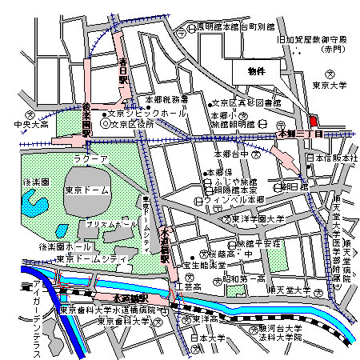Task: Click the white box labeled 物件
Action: click(x=257, y=72)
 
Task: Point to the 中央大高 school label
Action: click(x=31, y=125)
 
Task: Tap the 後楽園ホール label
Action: click(x=46, y=247)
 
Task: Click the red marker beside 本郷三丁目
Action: click(x=313, y=120)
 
